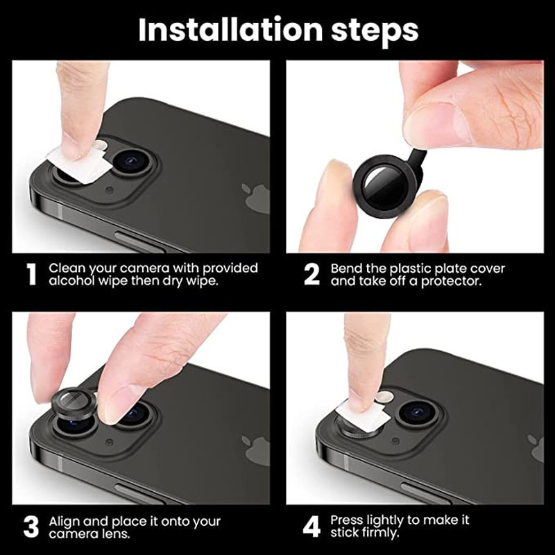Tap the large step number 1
coord(31,274)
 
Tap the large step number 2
coord(312,274)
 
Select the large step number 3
coord(31,527)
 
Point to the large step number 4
coord(312,527)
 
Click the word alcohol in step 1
coord(69,281)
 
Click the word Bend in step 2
coord(345,268)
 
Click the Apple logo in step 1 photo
coord(257,198)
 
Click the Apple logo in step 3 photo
coord(257,450)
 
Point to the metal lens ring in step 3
coord(73,406)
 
